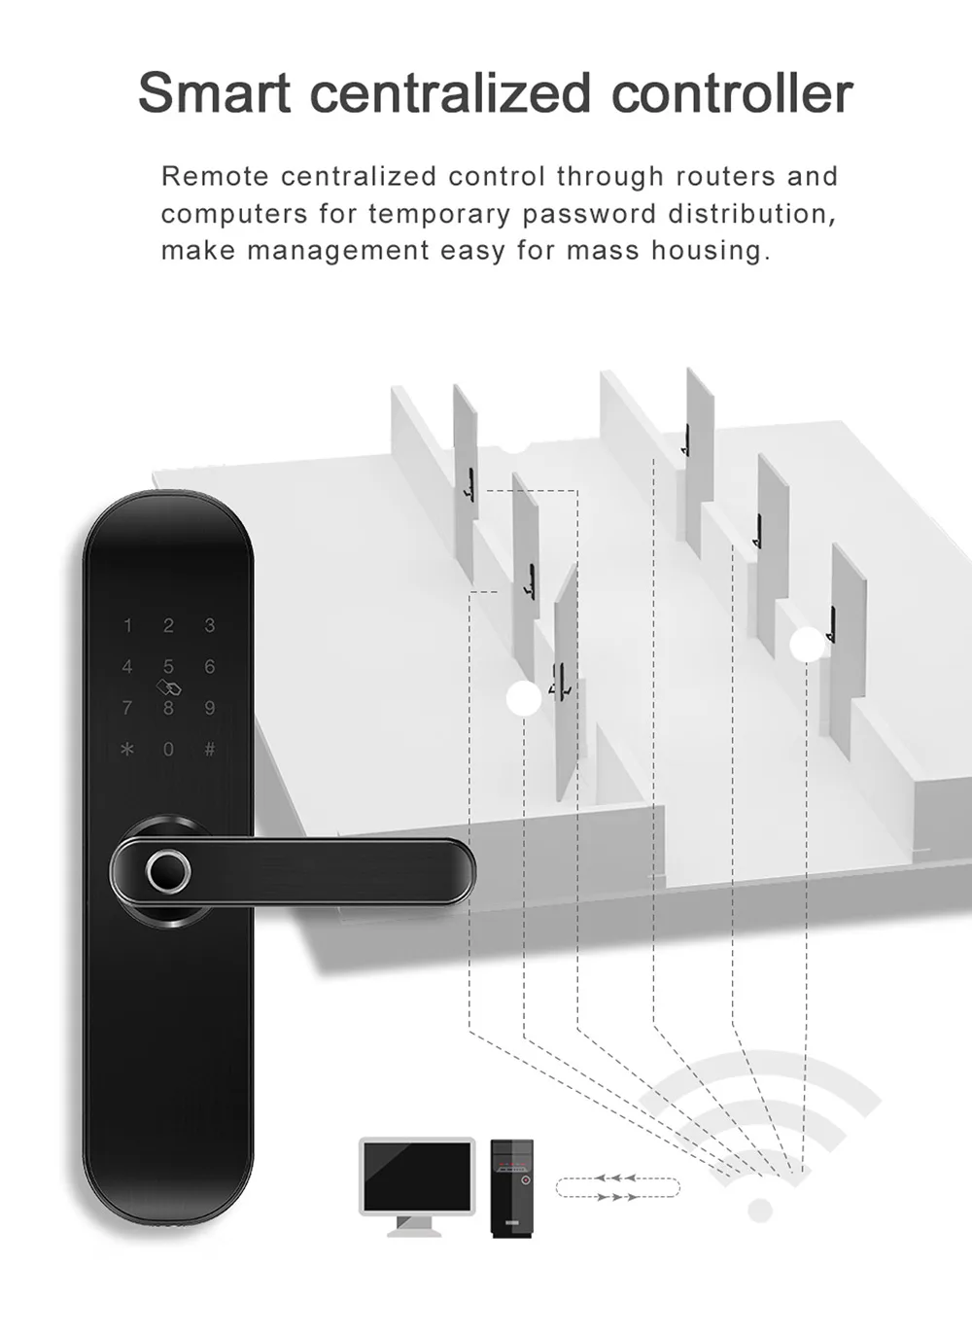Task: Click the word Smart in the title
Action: pos(214,93)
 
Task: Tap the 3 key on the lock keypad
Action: pos(209,625)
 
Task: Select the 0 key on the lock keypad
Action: pos(168,749)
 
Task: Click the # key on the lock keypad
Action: pos(209,749)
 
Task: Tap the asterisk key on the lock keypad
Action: pos(127,749)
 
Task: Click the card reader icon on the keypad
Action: pos(168,687)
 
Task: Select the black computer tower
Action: pos(511,1187)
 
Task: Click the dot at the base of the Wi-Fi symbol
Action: pos(760,1211)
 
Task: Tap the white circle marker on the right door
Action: pos(807,645)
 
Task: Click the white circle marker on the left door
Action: pos(525,698)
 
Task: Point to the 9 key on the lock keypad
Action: pos(209,708)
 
